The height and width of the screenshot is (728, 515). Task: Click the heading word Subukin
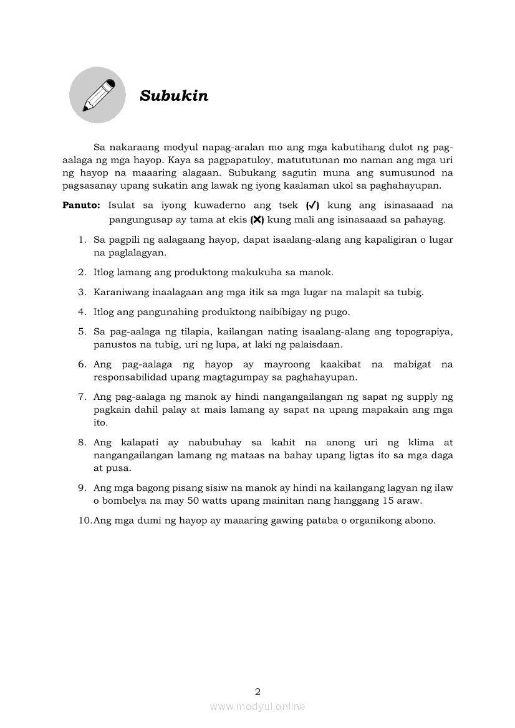[x=174, y=96]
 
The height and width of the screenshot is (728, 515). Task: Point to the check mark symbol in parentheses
[x=313, y=206]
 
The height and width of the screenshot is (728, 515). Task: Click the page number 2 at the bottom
[x=257, y=691]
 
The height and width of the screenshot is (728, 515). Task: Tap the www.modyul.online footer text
[x=257, y=706]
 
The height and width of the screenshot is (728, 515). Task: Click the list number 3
[x=82, y=292]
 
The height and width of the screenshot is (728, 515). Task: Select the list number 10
[x=85, y=521]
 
